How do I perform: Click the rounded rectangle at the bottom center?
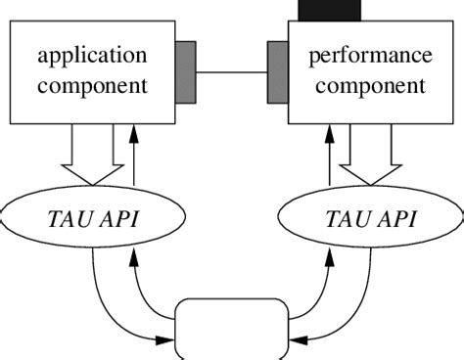(x=232, y=333)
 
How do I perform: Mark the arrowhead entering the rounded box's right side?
(x=297, y=339)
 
